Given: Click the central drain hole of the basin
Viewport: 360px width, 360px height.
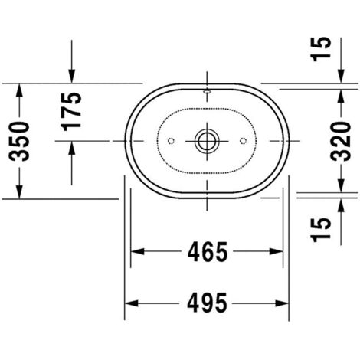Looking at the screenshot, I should pyautogui.click(x=206, y=141).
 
